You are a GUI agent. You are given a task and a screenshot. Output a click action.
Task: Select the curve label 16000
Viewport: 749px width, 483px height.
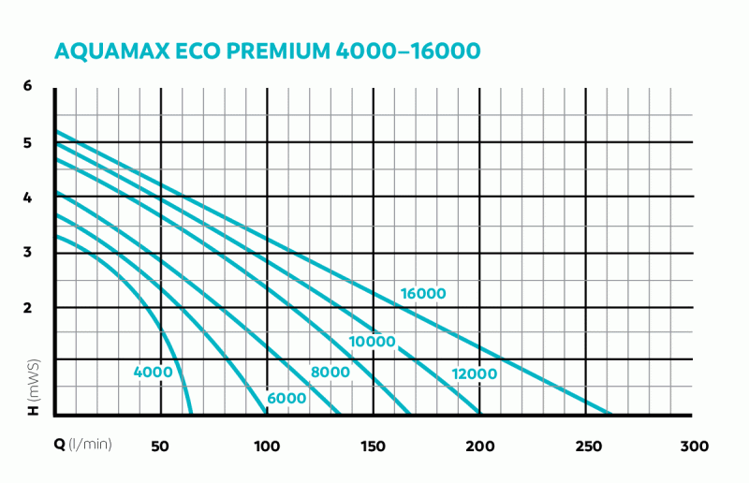point(423,294)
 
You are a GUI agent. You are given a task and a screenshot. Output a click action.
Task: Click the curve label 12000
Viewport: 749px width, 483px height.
point(473,374)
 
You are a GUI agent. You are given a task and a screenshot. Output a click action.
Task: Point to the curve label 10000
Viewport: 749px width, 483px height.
point(373,342)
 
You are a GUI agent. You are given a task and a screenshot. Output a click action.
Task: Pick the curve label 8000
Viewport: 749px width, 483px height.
point(330,373)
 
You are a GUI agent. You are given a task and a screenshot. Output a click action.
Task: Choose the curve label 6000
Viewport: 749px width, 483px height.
point(286,399)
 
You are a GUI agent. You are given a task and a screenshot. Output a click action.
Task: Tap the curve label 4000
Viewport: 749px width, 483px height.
point(154,373)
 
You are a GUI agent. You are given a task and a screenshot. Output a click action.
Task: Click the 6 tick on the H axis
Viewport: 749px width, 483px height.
point(28,86)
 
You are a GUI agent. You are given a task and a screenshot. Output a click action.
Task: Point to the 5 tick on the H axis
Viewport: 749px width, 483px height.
point(28,143)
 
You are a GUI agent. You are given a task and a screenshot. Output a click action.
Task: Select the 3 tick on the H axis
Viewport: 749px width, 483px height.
point(28,252)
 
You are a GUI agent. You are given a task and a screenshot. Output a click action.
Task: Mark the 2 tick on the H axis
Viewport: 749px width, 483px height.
point(28,308)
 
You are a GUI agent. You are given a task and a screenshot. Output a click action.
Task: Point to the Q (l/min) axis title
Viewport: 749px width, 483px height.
point(83,444)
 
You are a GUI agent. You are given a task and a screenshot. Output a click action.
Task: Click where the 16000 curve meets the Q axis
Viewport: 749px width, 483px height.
point(610,413)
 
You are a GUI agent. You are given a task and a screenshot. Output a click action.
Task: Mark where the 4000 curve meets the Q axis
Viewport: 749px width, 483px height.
point(192,413)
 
